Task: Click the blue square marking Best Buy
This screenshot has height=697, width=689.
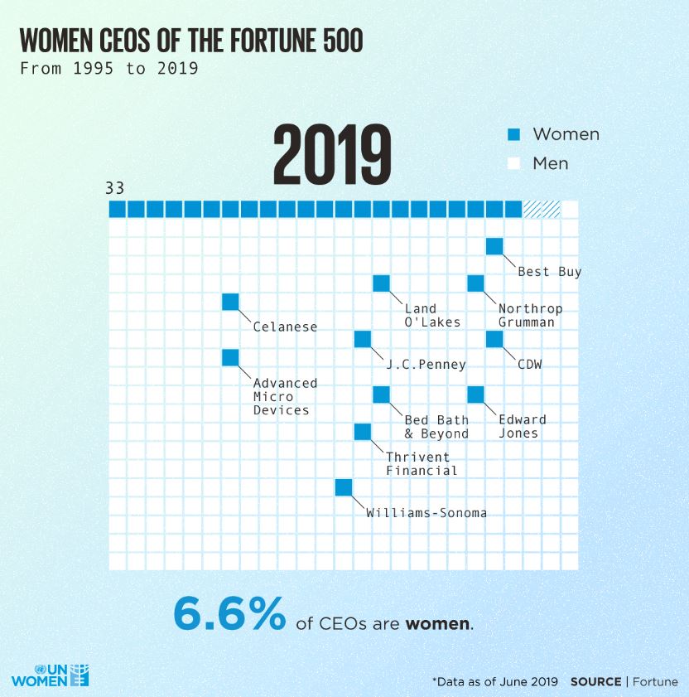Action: point(494,246)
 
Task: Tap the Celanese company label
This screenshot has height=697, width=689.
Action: point(285,327)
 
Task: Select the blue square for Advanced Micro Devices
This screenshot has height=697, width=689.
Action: point(230,357)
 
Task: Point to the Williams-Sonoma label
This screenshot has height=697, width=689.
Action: point(426,512)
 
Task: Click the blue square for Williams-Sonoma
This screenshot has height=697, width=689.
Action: point(344,487)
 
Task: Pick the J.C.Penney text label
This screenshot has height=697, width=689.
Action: point(426,364)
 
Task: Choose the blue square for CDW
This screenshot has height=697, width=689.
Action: point(494,339)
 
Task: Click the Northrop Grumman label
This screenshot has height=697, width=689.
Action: point(530,315)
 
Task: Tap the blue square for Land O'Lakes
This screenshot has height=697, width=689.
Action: point(381,283)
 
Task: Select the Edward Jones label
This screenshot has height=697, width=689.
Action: point(522,426)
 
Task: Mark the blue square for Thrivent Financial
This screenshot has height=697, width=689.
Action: point(363,432)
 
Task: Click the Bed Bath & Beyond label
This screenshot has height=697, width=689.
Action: point(436,426)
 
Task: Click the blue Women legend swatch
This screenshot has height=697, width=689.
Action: point(513,134)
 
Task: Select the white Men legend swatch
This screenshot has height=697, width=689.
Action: point(513,163)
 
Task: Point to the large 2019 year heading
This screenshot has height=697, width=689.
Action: point(332,155)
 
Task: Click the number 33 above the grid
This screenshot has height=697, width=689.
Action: point(115,188)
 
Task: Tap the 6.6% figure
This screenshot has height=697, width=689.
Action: point(229,614)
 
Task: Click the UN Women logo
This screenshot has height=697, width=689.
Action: point(50,674)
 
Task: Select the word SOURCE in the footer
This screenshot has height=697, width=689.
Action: point(595,681)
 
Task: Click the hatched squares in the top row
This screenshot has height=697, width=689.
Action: point(542,209)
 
